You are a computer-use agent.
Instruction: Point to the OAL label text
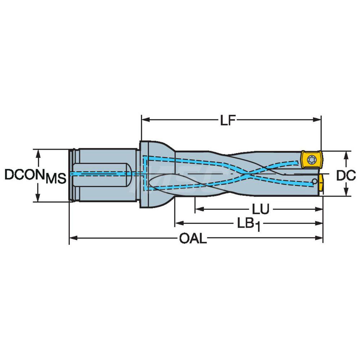pos(193,239)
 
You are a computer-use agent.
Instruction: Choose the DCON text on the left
pos(25,175)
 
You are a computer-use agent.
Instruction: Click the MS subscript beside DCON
pos(56,179)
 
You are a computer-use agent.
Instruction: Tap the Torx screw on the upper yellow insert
pos(310,159)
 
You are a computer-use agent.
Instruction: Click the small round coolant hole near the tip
pos(315,181)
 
